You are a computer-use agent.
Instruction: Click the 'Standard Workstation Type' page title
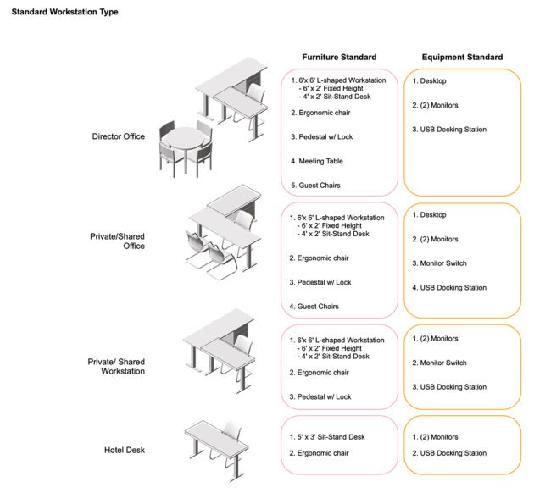click(x=64, y=13)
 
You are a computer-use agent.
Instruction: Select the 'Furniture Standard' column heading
click(x=339, y=57)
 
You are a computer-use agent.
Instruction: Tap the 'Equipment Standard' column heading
click(x=462, y=57)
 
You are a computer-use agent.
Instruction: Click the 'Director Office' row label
click(x=119, y=136)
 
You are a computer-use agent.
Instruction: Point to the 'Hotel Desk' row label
click(x=125, y=450)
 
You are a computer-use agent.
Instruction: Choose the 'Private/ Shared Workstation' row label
click(x=116, y=366)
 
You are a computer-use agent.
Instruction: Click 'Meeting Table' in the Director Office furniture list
click(x=320, y=161)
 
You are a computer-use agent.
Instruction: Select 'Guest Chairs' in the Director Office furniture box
click(x=319, y=185)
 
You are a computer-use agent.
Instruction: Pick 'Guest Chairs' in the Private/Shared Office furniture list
click(x=319, y=306)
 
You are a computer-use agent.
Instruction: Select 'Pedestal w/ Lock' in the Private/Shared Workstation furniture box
click(x=323, y=396)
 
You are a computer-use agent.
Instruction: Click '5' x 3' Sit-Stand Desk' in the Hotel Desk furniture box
click(x=330, y=437)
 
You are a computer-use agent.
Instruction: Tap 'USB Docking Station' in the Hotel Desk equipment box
click(x=453, y=453)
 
